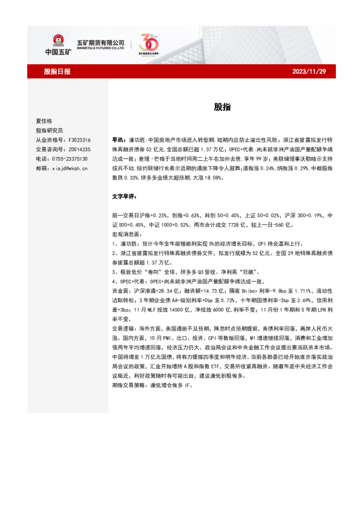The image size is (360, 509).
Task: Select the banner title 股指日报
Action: point(57,71)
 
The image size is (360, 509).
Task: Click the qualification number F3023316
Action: point(80,140)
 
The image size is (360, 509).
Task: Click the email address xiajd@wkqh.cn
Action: point(70,168)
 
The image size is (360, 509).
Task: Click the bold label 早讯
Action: point(119,140)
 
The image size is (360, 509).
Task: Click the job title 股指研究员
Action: point(49,131)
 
